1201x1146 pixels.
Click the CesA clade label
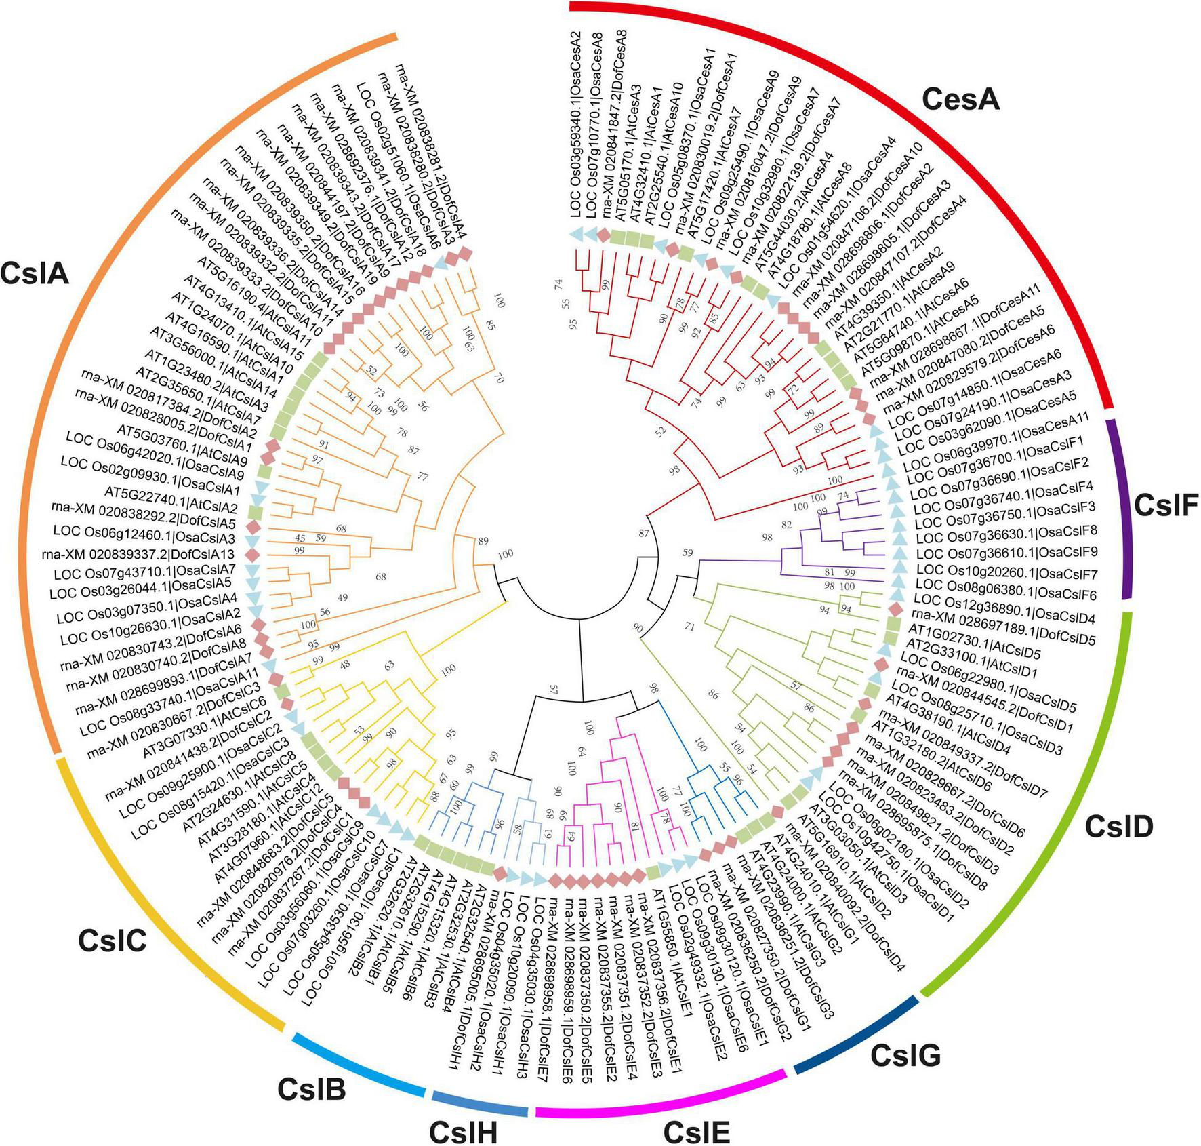[x=961, y=100]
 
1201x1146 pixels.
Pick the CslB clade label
[x=312, y=1090]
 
